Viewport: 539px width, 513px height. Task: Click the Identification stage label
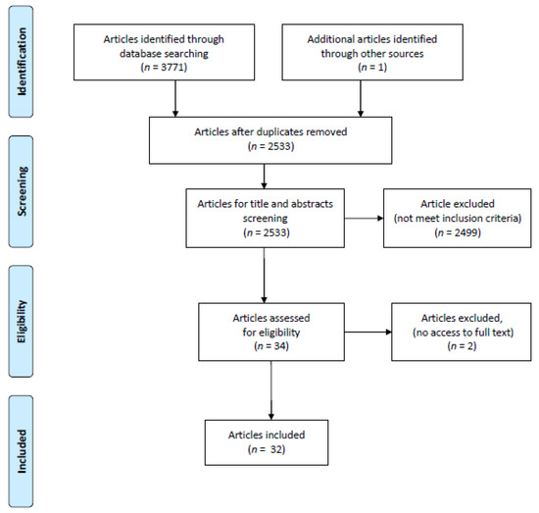(22, 62)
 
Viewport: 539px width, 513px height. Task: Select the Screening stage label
(22, 191)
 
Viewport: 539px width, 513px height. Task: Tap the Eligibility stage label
(22, 322)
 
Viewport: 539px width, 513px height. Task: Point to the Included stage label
(22, 451)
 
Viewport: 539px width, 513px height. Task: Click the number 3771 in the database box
(172, 67)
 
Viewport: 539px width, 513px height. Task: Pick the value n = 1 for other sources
(372, 67)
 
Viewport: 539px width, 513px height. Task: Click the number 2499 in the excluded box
(466, 232)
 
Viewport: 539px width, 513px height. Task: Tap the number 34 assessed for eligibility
(281, 346)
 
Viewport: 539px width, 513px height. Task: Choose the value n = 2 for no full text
(462, 346)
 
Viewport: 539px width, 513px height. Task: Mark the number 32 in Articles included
(276, 449)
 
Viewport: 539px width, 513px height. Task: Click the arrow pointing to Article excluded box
(364, 218)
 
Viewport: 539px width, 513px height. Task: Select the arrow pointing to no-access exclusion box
(368, 332)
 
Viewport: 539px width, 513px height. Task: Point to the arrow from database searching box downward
(175, 98)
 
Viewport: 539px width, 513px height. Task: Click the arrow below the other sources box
(361, 98)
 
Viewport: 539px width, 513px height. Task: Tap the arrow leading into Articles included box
(271, 390)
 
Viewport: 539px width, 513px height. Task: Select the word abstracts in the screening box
(312, 204)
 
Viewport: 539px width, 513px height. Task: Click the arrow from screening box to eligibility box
(264, 276)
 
